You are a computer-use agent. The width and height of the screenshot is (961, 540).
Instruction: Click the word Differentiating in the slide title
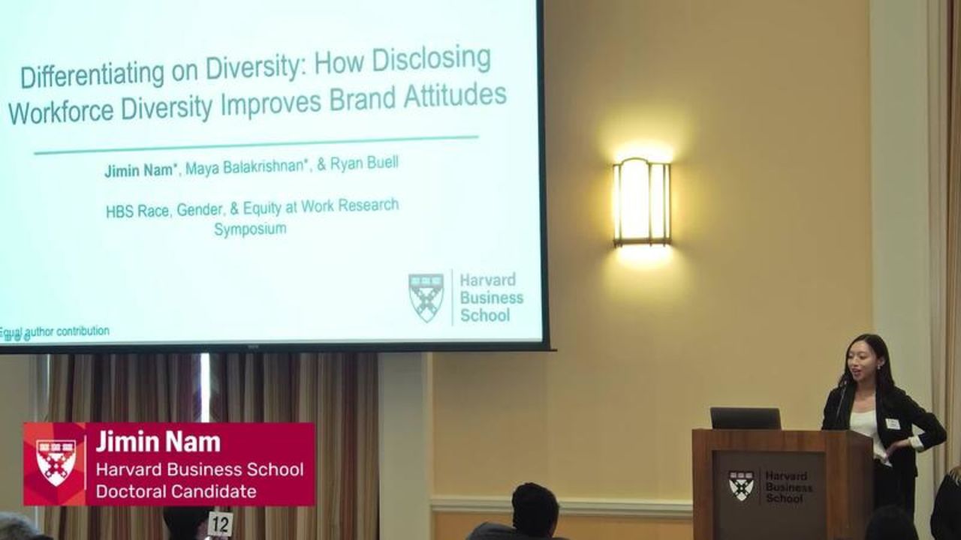tap(92, 75)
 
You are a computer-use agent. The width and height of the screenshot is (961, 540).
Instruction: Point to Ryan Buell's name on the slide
tap(364, 163)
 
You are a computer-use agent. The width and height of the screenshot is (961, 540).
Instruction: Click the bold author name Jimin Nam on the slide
tap(140, 170)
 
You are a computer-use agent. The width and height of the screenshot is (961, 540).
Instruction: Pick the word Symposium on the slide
tap(250, 229)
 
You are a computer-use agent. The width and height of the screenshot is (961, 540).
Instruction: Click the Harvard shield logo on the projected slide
tap(426, 298)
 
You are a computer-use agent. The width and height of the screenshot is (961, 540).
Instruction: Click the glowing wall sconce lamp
tap(642, 202)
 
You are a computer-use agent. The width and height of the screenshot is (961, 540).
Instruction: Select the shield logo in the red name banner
tap(56, 463)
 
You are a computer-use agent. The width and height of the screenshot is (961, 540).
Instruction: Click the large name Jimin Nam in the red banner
tap(158, 442)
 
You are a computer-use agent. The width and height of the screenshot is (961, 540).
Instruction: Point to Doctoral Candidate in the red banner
tap(176, 491)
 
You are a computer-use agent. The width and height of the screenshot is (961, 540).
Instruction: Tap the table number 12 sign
tap(221, 523)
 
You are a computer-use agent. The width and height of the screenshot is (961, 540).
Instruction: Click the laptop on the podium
tap(746, 418)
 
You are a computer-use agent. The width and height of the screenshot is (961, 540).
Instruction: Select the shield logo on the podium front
tap(741, 486)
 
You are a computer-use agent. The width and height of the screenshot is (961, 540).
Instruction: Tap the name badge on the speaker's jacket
tap(893, 424)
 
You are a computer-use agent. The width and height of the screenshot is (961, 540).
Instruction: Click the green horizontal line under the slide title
tap(256, 145)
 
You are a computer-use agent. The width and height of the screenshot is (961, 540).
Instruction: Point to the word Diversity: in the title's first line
tap(256, 67)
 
